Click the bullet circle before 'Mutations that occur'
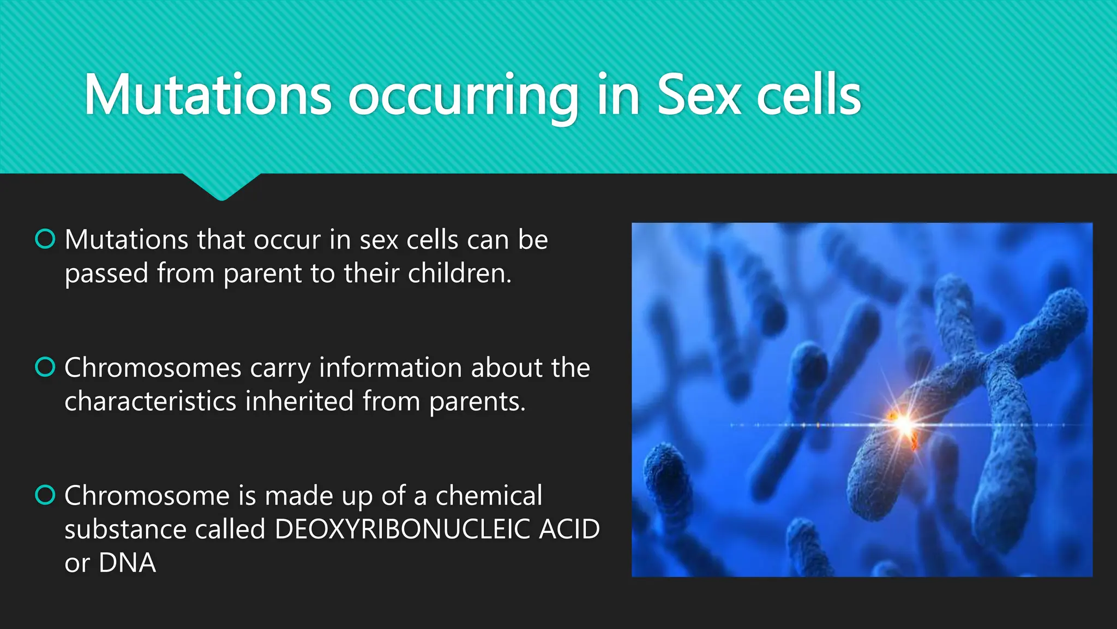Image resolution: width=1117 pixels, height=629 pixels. (45, 239)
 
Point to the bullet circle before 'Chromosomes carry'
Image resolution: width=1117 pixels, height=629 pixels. (45, 367)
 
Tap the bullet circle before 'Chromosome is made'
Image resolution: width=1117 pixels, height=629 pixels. (45, 495)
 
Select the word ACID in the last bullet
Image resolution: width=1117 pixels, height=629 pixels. (569, 529)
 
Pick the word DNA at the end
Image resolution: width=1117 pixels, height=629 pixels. (127, 563)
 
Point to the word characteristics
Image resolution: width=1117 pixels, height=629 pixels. (151, 401)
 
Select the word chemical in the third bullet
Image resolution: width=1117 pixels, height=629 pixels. (489, 496)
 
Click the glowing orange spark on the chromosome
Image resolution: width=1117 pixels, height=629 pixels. (904, 424)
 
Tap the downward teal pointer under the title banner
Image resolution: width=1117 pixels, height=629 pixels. (221, 188)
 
